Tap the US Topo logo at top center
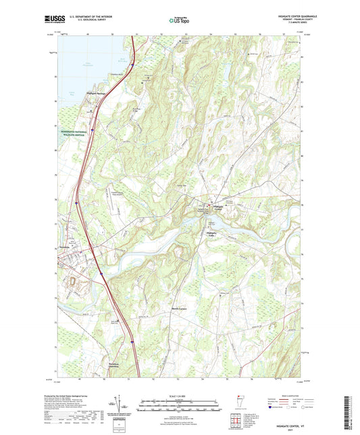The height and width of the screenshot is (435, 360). click(x=180, y=21)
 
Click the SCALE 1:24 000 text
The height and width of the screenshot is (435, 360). click(x=180, y=395)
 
